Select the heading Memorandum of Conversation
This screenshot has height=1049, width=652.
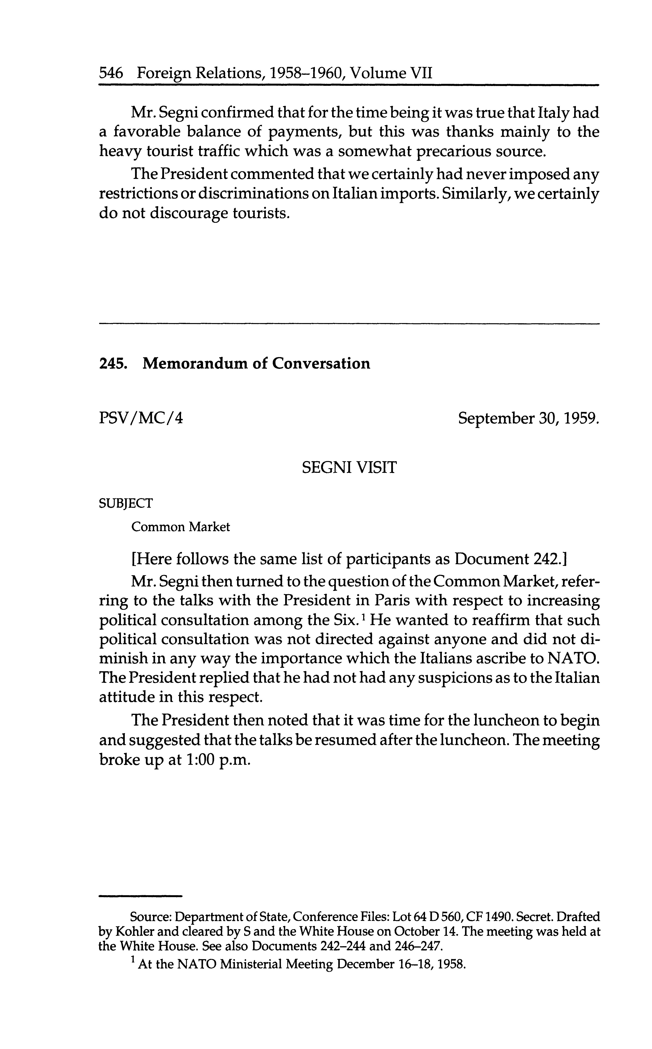tap(256, 364)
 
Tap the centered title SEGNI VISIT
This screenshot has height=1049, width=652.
tap(349, 468)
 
